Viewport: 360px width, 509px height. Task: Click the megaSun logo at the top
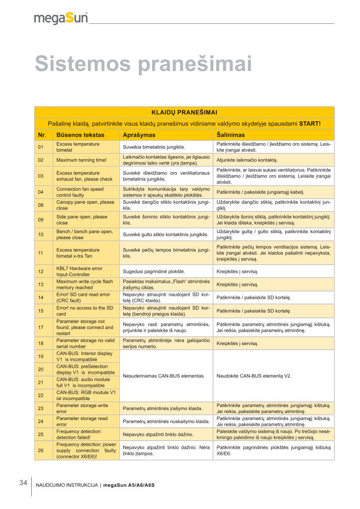tap(61, 18)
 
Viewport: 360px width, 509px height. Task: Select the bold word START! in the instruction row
tap(309, 124)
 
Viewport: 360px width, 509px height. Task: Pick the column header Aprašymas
tap(139, 135)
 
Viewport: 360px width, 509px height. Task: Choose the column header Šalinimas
tap(231, 135)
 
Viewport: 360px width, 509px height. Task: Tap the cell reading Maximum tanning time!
tap(82, 160)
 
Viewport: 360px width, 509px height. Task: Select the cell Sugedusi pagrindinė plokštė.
tap(154, 272)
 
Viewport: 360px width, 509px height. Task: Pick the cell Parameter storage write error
tap(82, 409)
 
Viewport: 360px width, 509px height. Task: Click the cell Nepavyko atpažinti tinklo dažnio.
tap(158, 434)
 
